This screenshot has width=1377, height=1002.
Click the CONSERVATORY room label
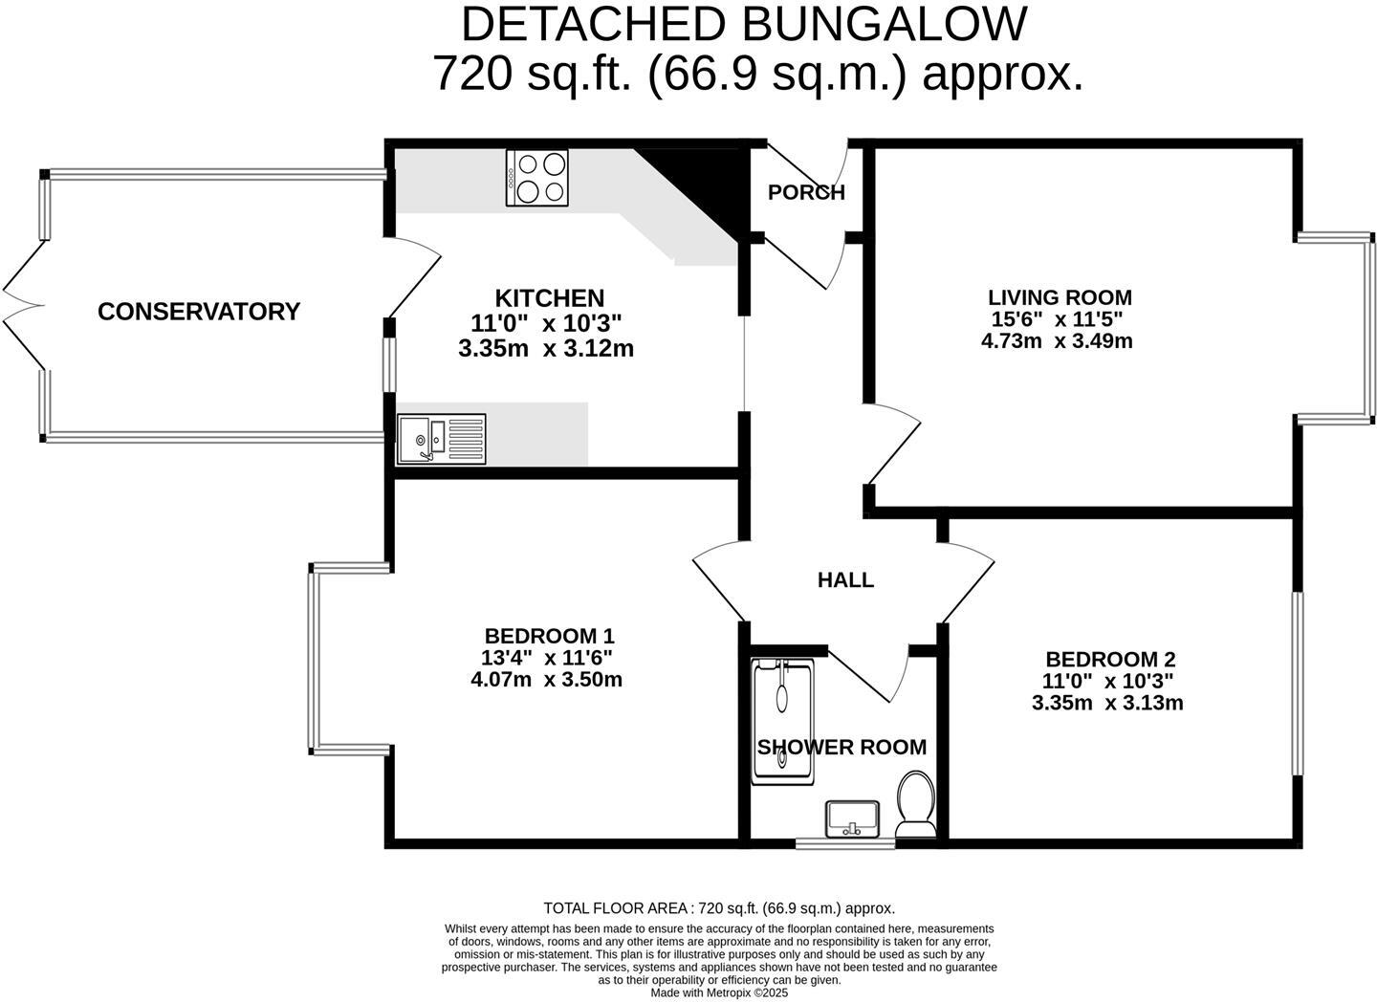click(199, 312)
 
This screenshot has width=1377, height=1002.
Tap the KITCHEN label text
click(549, 298)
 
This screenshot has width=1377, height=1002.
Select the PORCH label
click(806, 192)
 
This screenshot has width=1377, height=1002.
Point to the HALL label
click(845, 580)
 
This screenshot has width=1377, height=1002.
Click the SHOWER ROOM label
click(841, 748)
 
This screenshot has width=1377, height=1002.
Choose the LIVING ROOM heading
click(1060, 297)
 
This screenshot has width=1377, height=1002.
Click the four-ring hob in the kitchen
click(537, 178)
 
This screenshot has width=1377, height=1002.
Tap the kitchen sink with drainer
click(441, 440)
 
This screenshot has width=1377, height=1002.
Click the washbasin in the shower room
click(852, 818)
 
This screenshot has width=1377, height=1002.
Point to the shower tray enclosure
click(782, 722)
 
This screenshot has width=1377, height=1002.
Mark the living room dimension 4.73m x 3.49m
click(1057, 341)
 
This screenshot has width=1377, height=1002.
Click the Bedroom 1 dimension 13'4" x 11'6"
click(546, 658)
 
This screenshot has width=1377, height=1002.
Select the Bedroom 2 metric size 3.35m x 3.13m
click(1107, 704)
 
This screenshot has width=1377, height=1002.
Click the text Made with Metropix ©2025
click(719, 992)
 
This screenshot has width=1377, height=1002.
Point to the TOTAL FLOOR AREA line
click(719, 908)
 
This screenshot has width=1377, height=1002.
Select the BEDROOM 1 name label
click(549, 636)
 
